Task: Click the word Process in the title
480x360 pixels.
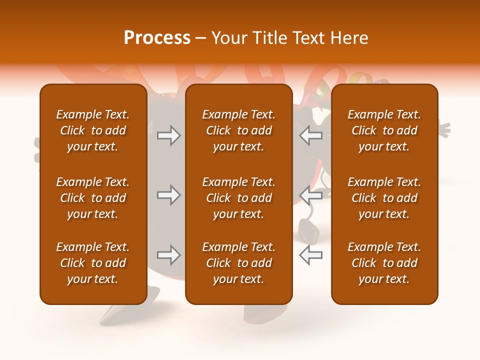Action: [157, 38]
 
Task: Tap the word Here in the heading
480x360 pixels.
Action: [348, 38]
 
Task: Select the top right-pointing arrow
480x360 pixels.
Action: [168, 135]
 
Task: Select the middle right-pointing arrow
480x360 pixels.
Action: [168, 195]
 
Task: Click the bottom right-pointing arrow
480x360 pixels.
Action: [168, 255]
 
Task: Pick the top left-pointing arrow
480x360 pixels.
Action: [311, 135]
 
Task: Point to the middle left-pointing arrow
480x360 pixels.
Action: [311, 195]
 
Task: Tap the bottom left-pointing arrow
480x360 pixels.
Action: [311, 255]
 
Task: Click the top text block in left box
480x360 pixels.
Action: [93, 130]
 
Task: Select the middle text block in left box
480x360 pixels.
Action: [93, 198]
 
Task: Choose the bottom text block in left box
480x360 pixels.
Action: [93, 263]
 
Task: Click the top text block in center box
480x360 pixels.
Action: [238, 130]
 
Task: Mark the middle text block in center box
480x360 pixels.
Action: [238, 198]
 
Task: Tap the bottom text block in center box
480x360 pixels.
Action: [238, 263]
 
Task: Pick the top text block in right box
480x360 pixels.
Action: [384, 130]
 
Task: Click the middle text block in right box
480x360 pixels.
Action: [384, 198]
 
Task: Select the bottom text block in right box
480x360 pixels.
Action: [384, 263]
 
